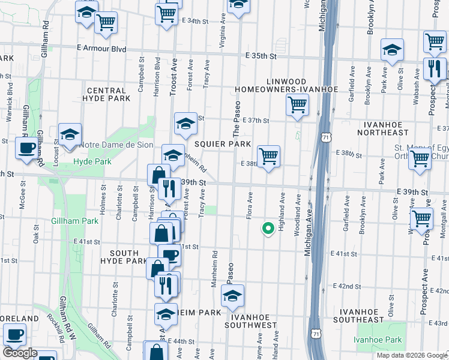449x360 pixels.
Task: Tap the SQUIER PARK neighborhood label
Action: (222, 145)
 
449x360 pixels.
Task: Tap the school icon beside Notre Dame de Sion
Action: (70, 135)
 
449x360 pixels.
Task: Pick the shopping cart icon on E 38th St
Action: (269, 156)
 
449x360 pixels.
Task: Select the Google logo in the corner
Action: (20, 353)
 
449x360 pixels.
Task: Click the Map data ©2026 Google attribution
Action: (412, 355)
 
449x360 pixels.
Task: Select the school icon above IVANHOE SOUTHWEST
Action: (232, 295)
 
